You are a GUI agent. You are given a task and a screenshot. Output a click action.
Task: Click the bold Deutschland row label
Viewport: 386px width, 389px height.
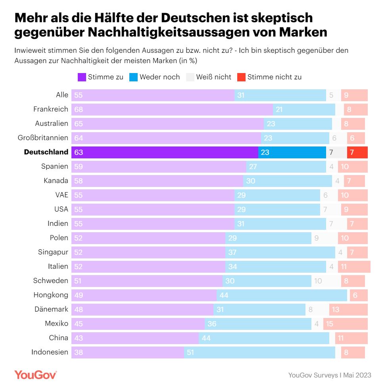tap(46, 152)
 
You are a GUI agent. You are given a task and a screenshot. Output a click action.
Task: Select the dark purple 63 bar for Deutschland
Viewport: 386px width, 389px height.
tap(165, 152)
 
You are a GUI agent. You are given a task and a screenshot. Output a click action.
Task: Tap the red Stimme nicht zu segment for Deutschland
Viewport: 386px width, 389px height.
tap(357, 152)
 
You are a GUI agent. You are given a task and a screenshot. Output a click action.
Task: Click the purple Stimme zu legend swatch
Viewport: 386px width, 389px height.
tap(82, 77)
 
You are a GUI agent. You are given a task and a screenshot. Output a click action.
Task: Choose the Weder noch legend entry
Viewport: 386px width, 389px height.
tap(155, 77)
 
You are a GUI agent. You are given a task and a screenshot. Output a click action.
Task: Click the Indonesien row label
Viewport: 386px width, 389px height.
tap(50, 352)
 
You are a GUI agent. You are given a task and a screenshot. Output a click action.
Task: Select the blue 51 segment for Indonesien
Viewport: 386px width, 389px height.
tap(259, 352)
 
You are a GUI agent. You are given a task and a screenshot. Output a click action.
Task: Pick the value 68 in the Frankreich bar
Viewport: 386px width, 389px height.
tap(79, 110)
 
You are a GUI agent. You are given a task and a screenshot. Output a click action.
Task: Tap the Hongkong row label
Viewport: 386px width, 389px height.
tap(51, 295)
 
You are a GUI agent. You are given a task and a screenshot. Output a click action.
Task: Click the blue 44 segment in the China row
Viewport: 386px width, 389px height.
tap(264, 338)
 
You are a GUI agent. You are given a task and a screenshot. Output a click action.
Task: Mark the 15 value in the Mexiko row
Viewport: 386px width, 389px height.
tap(329, 324)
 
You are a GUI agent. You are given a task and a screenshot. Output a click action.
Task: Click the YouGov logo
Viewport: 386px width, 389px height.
tap(36, 375)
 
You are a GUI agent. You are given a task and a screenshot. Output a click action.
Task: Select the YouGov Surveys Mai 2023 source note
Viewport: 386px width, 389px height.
tap(330, 375)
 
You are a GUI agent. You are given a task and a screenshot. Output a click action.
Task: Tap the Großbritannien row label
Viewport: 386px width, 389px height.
tap(43, 138)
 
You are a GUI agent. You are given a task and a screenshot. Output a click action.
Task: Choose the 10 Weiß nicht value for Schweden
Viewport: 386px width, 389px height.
tap(318, 281)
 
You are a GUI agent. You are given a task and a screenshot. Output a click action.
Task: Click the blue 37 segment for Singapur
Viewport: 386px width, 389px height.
tap(280, 252)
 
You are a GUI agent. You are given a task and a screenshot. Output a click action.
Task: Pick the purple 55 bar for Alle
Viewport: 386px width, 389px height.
tap(153, 95)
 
